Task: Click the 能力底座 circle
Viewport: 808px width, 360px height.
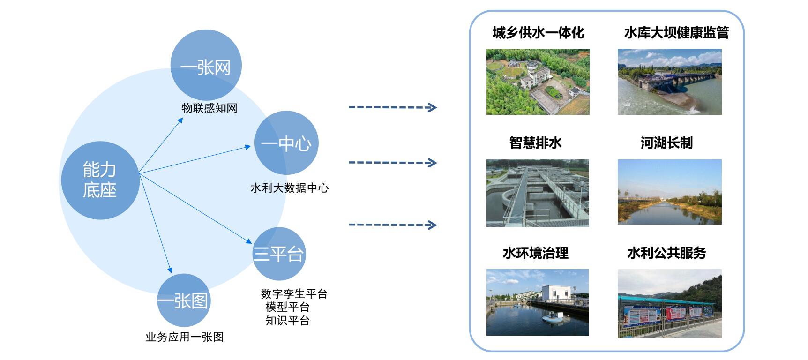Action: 100,180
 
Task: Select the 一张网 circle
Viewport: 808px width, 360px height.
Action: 206,66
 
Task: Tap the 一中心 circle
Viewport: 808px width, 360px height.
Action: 286,143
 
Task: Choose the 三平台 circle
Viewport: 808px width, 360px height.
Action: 279,254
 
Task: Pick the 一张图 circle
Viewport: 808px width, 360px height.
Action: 183,300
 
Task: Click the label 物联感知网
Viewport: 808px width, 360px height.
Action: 209,108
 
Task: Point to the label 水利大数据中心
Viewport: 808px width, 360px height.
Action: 289,188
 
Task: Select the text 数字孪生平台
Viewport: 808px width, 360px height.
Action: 294,294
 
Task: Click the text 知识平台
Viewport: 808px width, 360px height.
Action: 287,321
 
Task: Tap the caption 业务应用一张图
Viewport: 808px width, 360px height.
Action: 184,337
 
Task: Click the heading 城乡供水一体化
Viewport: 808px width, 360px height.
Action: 538,33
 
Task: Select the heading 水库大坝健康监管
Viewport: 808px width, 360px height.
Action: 676,33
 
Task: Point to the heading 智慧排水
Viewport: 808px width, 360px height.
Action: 535,143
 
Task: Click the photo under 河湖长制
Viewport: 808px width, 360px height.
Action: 669,192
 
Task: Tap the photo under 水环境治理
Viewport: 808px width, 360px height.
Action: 538,302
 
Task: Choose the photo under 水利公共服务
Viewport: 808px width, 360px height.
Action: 669,303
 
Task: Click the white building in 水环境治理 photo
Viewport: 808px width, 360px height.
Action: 558,294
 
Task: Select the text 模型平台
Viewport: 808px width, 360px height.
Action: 287,307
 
